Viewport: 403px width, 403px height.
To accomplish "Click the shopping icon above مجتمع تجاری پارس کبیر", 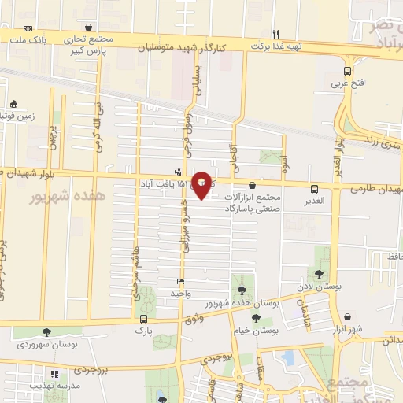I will tap(95, 26).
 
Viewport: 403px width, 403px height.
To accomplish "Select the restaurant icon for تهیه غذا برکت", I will tap(275, 34).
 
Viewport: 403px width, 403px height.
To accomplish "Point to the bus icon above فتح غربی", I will tap(348, 69).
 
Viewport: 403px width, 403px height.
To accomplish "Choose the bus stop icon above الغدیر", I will tap(315, 189).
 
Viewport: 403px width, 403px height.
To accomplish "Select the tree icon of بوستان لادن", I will tap(323, 276).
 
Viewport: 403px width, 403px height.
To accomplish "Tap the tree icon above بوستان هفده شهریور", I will tap(241, 290).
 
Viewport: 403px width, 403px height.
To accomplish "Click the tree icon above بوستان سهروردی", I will tap(46, 332).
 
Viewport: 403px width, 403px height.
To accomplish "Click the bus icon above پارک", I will tap(143, 319).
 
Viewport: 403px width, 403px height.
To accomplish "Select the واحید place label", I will tap(181, 294).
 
